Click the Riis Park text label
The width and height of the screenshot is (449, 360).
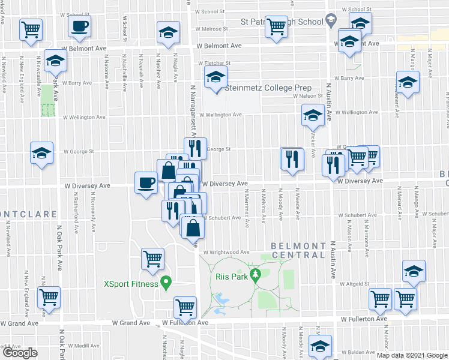click(228, 277)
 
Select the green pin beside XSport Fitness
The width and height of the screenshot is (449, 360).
click(167, 283)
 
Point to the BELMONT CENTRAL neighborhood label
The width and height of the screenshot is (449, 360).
click(298, 250)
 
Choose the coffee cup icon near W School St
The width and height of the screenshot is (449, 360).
click(80, 27)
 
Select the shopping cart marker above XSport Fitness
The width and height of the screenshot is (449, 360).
click(153, 259)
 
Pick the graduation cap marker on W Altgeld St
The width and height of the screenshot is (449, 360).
click(414, 272)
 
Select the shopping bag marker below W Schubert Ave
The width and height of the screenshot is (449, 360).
click(193, 229)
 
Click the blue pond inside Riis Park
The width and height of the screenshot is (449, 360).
click(221, 298)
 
